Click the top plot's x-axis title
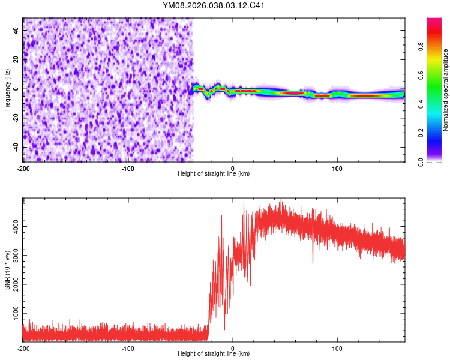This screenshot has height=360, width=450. tap(214, 173)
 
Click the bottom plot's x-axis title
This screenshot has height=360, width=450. tap(214, 353)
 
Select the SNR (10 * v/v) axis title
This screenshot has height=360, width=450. tap(7, 270)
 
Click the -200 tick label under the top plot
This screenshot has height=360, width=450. tap(23, 167)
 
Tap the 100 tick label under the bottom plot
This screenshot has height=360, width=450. tap(337, 348)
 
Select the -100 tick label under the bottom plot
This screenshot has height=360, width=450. tap(128, 348)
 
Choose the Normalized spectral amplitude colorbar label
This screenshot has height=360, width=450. tap(446, 90)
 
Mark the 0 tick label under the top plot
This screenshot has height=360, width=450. tap(233, 167)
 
